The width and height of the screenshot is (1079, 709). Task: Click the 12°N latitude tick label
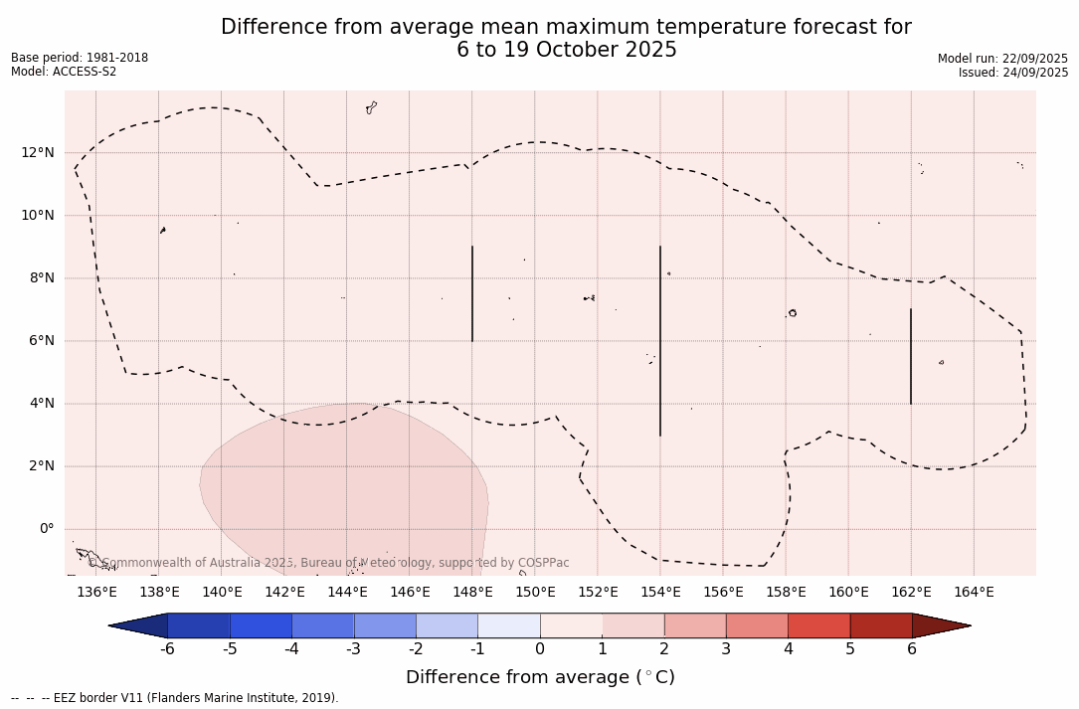pyautogui.click(x=37, y=152)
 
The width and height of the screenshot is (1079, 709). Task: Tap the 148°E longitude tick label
pyautogui.click(x=472, y=593)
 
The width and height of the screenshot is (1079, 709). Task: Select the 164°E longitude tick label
pyautogui.click(x=974, y=593)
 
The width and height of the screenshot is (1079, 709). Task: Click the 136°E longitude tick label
pyautogui.click(x=96, y=593)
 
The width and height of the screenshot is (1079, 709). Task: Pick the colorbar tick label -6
pyautogui.click(x=167, y=649)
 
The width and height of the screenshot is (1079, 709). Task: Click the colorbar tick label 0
pyautogui.click(x=540, y=649)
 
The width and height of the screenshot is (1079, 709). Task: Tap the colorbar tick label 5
pyautogui.click(x=850, y=649)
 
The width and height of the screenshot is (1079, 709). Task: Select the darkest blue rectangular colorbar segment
pyautogui.click(x=199, y=625)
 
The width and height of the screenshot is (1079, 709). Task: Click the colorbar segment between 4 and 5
pyautogui.click(x=818, y=625)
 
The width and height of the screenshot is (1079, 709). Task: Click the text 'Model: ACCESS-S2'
pyautogui.click(x=64, y=72)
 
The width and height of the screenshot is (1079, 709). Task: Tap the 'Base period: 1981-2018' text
pyautogui.click(x=80, y=58)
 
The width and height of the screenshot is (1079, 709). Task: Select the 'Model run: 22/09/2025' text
pyautogui.click(x=1002, y=59)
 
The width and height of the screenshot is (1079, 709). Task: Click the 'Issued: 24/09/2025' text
pyautogui.click(x=1013, y=73)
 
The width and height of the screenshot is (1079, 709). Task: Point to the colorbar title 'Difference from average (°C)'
pyautogui.click(x=540, y=677)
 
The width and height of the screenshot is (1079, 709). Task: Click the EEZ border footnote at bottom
pyautogui.click(x=175, y=698)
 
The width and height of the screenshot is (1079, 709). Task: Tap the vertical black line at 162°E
pyautogui.click(x=911, y=356)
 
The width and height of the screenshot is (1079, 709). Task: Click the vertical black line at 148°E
pyautogui.click(x=472, y=293)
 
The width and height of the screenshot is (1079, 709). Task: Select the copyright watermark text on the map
pyautogui.click(x=328, y=563)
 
